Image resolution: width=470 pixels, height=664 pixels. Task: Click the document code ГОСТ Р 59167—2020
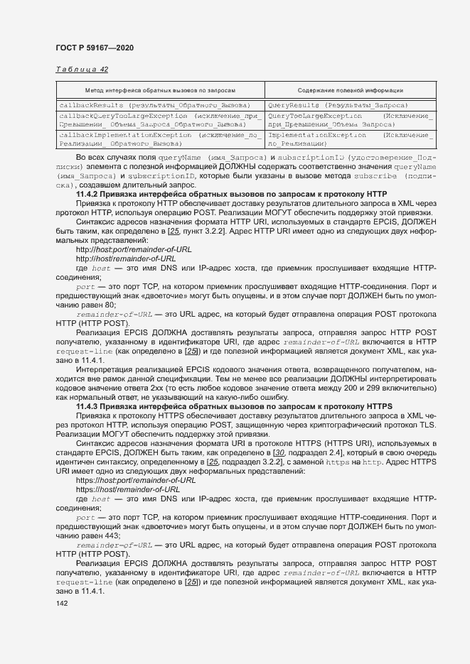[94, 48]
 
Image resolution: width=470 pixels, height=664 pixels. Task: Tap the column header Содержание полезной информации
[351, 91]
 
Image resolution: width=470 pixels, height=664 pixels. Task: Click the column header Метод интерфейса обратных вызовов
[160, 91]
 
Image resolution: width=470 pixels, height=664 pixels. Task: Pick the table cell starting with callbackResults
[153, 105]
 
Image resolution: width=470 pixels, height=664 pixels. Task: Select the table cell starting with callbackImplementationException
[160, 138]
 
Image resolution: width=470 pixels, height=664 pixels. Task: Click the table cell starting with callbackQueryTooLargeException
[160, 119]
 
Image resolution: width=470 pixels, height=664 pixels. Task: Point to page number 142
[62, 603]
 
